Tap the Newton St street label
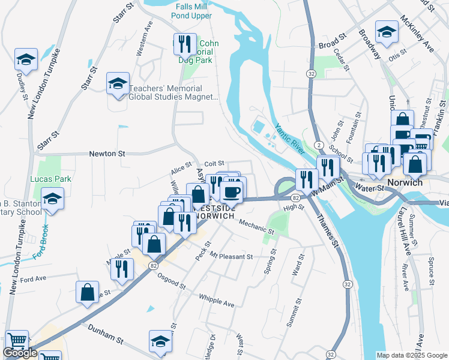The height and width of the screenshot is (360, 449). click(106, 154)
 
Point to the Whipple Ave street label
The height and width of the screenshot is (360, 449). click(217, 299)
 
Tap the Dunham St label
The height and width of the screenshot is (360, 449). click(105, 334)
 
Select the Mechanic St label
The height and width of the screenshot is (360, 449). click(256, 226)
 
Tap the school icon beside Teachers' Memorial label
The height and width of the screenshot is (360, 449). click(118, 83)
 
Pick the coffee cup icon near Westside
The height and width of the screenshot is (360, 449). click(232, 192)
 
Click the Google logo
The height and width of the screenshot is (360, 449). click(20, 353)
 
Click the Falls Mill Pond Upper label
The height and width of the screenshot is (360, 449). click(193, 11)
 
